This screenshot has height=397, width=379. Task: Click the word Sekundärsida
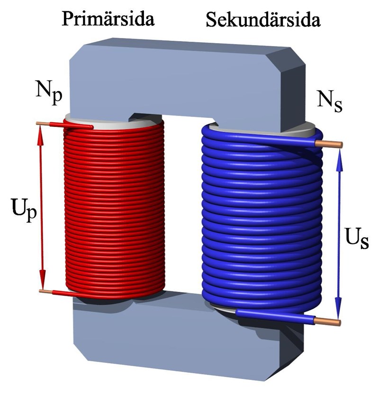[263, 19]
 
